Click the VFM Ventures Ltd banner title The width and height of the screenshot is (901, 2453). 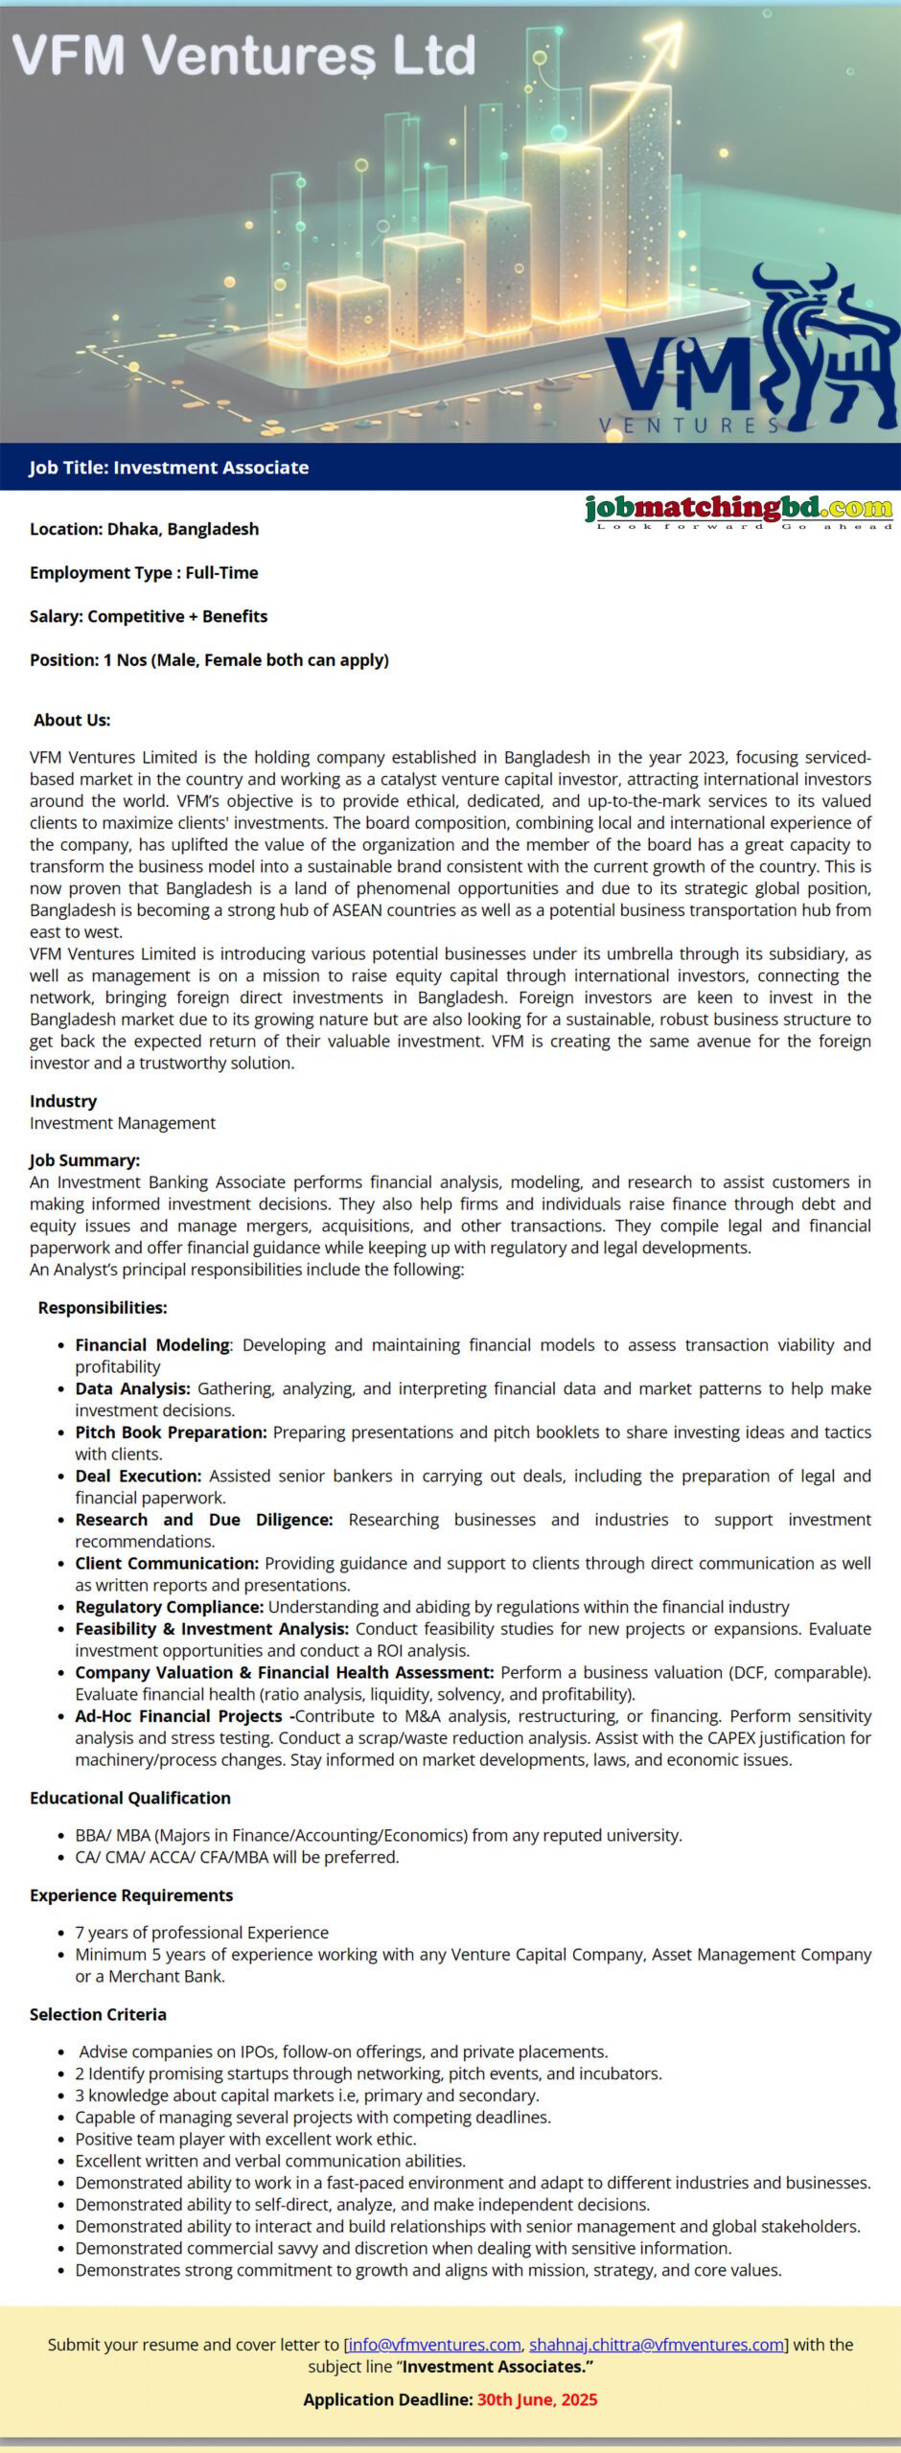(x=244, y=55)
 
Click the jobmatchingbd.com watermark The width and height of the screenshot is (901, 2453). (x=738, y=509)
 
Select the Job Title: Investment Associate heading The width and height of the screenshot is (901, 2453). (x=169, y=468)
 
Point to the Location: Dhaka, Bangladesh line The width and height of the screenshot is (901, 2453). (x=144, y=529)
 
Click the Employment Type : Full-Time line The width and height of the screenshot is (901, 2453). (x=144, y=573)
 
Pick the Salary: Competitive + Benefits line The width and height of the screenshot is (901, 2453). (x=149, y=616)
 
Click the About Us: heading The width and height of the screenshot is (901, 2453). (x=72, y=720)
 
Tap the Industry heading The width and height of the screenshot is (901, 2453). (x=63, y=1101)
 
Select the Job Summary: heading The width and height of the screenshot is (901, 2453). (x=84, y=1160)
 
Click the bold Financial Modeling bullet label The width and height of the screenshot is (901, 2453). (x=152, y=1345)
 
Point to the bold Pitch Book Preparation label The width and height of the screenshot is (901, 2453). (x=171, y=1433)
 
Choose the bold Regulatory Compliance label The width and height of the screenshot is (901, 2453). (x=169, y=1607)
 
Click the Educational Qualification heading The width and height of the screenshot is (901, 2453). (x=130, y=1798)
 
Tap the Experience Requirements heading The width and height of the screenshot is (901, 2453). (x=131, y=1895)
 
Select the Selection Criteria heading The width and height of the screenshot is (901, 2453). (x=98, y=2014)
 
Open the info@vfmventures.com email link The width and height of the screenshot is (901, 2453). (x=434, y=2345)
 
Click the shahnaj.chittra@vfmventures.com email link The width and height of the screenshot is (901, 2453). (x=657, y=2345)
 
